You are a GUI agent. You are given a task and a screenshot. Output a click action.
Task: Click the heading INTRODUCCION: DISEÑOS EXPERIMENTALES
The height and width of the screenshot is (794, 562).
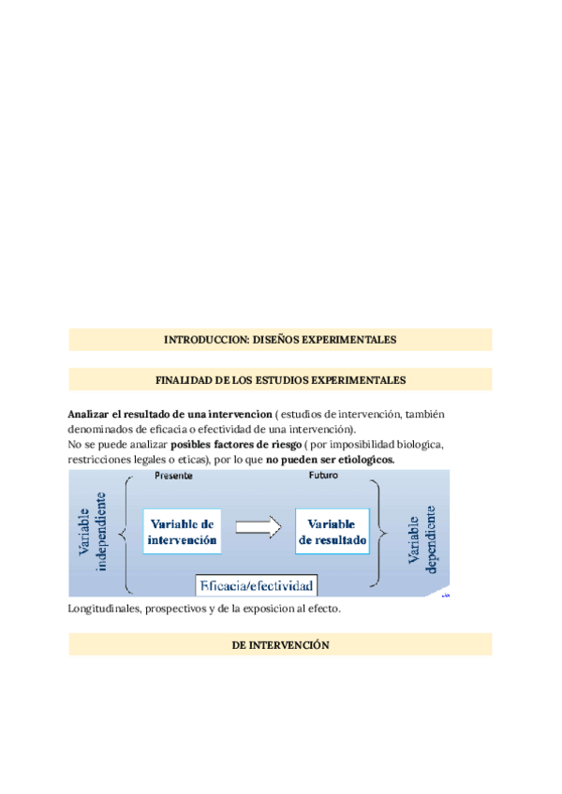(280, 339)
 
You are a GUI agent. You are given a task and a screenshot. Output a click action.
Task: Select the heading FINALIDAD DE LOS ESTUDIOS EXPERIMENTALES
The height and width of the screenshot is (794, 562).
(280, 379)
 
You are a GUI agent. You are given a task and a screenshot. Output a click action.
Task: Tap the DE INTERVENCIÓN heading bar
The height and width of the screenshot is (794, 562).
(280, 644)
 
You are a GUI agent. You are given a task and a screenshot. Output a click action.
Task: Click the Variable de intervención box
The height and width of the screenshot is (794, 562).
(182, 532)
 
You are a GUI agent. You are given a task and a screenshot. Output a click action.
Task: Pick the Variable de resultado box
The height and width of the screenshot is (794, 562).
(332, 532)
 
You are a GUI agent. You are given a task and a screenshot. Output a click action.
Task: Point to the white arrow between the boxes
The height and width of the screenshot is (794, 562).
(258, 527)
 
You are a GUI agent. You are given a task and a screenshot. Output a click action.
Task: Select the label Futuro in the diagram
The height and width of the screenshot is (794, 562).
(323, 476)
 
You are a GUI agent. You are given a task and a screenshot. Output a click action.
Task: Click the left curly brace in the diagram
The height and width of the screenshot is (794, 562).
(126, 534)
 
